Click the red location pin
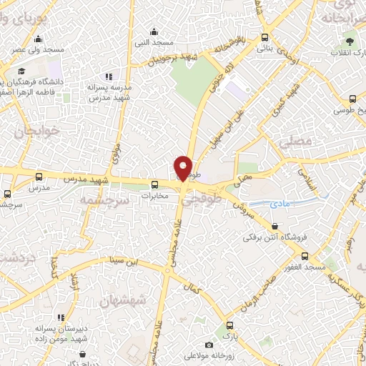click(x=184, y=168)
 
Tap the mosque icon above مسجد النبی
click(x=154, y=31)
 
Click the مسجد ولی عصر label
click(x=44, y=50)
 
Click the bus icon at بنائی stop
click(x=265, y=38)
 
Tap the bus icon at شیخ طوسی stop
click(x=339, y=111)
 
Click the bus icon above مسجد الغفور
click(x=305, y=256)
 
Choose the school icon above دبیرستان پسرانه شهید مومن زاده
click(x=61, y=317)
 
